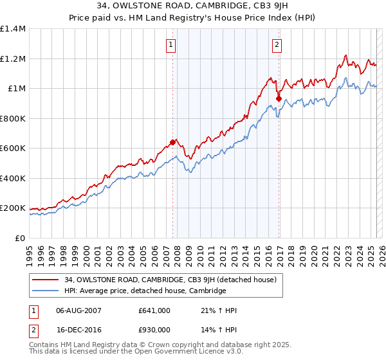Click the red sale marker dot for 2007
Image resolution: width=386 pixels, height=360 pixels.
click(x=172, y=142)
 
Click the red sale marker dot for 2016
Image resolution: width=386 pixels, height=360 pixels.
click(x=279, y=98)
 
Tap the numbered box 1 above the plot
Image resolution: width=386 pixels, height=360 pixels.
click(x=170, y=45)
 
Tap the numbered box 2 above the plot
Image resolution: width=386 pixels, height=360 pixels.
click(x=277, y=45)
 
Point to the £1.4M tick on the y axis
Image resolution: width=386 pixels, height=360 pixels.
click(x=14, y=29)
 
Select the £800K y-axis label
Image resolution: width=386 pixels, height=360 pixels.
click(x=14, y=118)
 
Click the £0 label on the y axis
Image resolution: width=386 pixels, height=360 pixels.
click(x=19, y=238)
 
